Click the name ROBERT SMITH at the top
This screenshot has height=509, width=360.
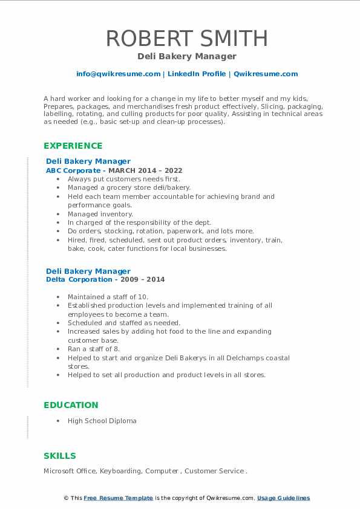click(186, 38)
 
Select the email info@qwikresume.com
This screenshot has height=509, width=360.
click(118, 74)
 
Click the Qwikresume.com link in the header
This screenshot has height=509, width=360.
click(265, 74)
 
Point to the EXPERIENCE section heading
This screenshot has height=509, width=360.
click(73, 146)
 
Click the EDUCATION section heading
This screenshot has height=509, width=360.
click(71, 405)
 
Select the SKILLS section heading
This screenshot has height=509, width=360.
click(60, 456)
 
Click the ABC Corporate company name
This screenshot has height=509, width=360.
click(73, 170)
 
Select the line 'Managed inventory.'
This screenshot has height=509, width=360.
click(100, 214)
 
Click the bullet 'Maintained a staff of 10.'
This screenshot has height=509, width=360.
click(108, 297)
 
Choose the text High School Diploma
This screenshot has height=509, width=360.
click(102, 421)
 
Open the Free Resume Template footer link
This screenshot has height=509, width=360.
click(118, 498)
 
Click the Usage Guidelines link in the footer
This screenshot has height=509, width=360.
click(283, 498)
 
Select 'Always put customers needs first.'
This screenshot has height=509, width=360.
click(123, 179)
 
